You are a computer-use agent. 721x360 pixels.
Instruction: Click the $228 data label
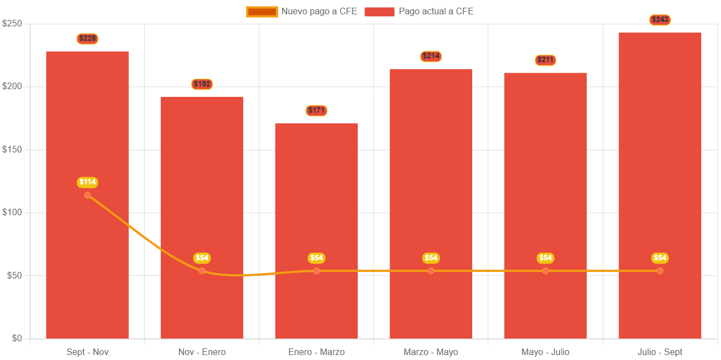pyautogui.click(x=88, y=39)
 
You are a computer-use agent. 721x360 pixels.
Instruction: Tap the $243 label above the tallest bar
pyautogui.click(x=660, y=20)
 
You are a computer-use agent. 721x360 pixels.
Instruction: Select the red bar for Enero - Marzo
pyautogui.click(x=316, y=231)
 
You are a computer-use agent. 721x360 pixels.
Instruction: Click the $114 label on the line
pyautogui.click(x=88, y=182)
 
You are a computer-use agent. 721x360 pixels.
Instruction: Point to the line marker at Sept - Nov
pyautogui.click(x=88, y=195)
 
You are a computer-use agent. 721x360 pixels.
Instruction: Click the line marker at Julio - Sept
pyautogui.click(x=660, y=271)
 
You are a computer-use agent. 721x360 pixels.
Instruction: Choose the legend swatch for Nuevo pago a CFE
pyautogui.click(x=261, y=12)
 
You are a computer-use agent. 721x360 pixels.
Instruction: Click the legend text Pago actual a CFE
pyautogui.click(x=436, y=12)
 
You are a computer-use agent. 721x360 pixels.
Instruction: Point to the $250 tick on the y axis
pyautogui.click(x=12, y=23)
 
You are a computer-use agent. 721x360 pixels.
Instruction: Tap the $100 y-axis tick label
pyautogui.click(x=12, y=212)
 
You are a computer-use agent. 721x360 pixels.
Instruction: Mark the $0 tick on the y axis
pyautogui.click(x=16, y=338)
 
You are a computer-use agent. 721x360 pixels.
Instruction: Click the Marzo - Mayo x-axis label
pyautogui.click(x=431, y=352)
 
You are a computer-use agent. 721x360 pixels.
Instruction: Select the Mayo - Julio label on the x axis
pyautogui.click(x=545, y=352)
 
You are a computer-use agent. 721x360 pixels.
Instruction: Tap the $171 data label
pyautogui.click(x=316, y=111)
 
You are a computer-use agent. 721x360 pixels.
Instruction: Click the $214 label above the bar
pyautogui.click(x=431, y=56)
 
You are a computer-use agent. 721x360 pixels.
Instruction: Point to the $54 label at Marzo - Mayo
pyautogui.click(x=431, y=258)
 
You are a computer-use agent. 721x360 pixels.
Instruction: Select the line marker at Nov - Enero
pyautogui.click(x=202, y=271)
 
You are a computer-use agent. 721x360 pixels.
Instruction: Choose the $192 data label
pyautogui.click(x=202, y=84)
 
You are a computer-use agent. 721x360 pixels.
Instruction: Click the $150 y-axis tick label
pyautogui.click(x=12, y=149)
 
